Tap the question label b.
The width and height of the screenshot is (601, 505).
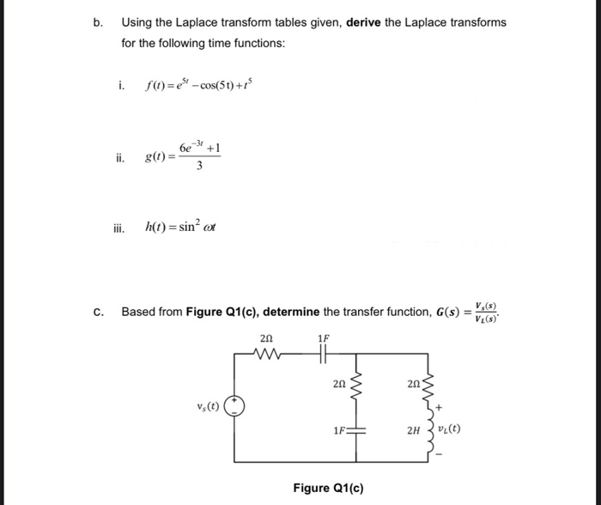coord(97,22)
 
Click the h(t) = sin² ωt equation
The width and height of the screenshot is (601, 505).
coord(185,228)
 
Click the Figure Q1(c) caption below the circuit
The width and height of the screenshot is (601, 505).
coord(328,488)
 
